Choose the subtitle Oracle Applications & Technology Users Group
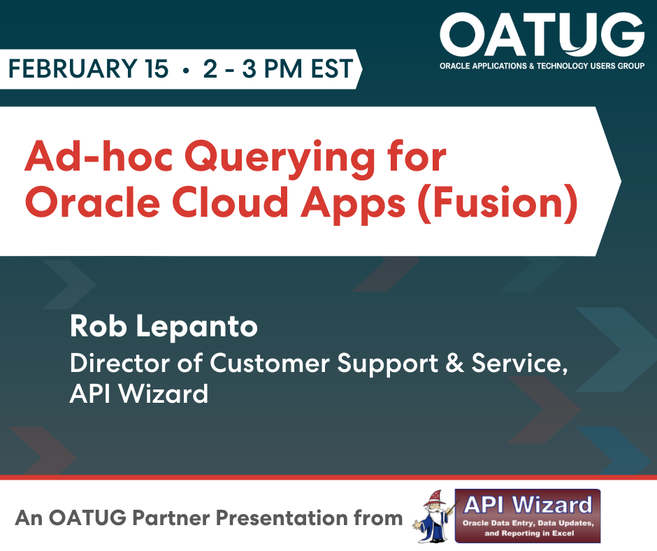pyautogui.click(x=542, y=66)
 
